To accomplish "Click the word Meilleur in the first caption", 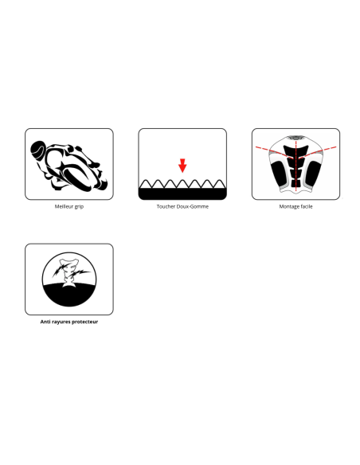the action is pyautogui.click(x=64, y=206).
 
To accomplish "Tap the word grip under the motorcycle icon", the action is pyautogui.click(x=79, y=207).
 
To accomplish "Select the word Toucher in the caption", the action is pyautogui.click(x=166, y=206).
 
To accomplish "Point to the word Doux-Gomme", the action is pyautogui.click(x=193, y=206).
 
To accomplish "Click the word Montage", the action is pyautogui.click(x=288, y=207).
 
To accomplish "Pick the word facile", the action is pyautogui.click(x=306, y=206).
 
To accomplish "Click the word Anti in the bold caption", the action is pyautogui.click(x=45, y=322).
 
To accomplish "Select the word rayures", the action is pyautogui.click(x=61, y=322).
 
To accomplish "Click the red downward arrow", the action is pyautogui.click(x=182, y=166).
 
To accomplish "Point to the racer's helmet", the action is pyautogui.click(x=37, y=149).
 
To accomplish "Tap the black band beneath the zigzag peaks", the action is pyautogui.click(x=182, y=193).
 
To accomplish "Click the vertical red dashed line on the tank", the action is pyautogui.click(x=296, y=166).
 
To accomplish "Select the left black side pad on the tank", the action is pyautogui.click(x=279, y=173).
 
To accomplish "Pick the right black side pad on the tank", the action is pyautogui.click(x=313, y=173).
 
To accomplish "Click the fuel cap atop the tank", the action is pyautogui.click(x=295, y=138).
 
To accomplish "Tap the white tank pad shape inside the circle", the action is pyautogui.click(x=69, y=272).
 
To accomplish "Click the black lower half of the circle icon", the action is pyautogui.click(x=69, y=295).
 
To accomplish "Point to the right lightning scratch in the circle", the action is pyautogui.click(x=80, y=272).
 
